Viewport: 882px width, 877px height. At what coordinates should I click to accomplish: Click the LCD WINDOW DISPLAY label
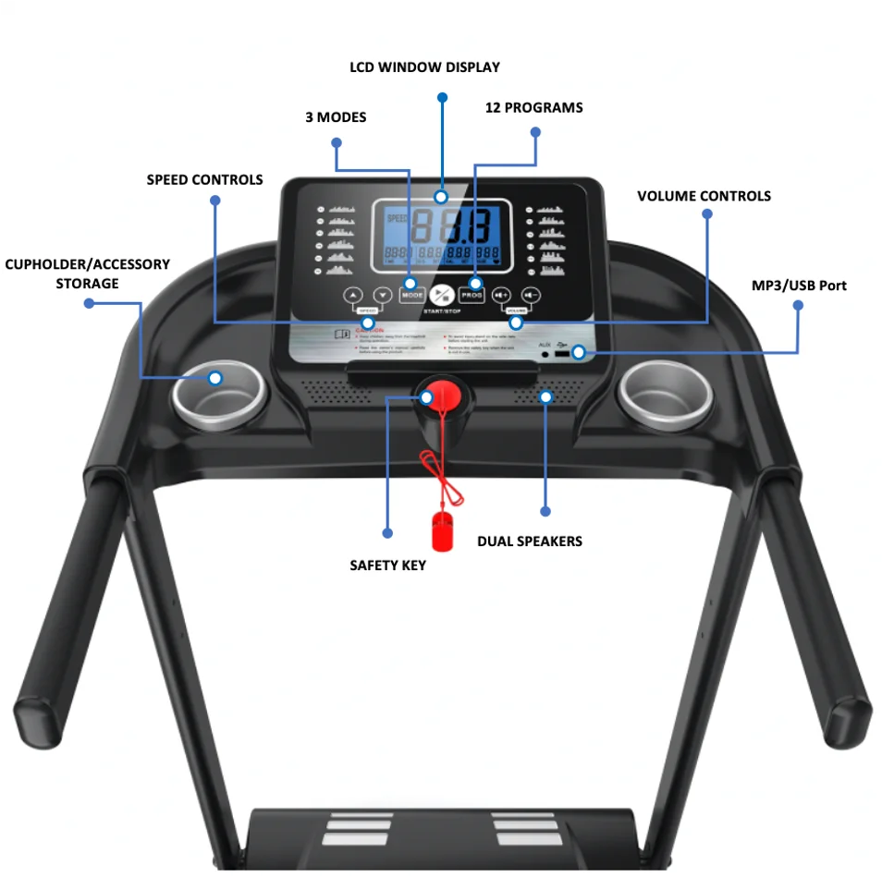click(424, 67)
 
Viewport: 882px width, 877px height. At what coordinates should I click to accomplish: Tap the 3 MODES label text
click(336, 117)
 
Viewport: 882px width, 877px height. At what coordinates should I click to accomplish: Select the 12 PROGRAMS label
click(533, 108)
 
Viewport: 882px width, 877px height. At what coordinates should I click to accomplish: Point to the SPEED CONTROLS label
click(204, 180)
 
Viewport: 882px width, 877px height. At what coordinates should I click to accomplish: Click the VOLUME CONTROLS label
click(704, 196)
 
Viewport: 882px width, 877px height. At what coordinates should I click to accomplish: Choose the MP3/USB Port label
click(799, 285)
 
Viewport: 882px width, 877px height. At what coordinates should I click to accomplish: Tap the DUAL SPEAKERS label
click(530, 541)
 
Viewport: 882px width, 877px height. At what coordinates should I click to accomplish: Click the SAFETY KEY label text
click(387, 565)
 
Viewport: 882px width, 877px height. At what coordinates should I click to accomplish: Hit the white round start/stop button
click(442, 295)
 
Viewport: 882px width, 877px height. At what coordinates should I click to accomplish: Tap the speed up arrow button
click(353, 296)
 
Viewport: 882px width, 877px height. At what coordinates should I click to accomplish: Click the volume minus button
click(531, 296)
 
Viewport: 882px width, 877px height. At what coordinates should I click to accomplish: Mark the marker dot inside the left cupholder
click(215, 378)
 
